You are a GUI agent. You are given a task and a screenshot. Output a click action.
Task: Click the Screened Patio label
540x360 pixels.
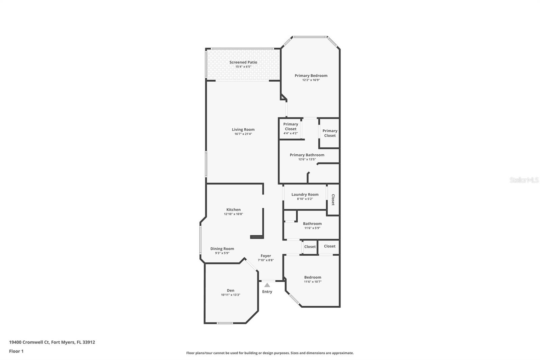pos(243,62)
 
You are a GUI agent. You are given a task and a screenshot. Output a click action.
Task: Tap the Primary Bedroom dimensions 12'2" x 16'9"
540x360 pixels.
pos(311,80)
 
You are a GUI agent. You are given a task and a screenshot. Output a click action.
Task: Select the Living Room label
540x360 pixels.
pos(243,129)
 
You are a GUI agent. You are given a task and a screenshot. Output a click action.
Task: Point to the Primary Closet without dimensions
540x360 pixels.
pos(330,133)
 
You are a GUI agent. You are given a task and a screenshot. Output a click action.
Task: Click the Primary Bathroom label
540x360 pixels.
pos(307,155)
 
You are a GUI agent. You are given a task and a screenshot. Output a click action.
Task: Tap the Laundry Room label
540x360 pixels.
pos(305,195)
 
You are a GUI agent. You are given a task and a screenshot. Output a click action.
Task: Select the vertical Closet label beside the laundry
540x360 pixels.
pos(333,200)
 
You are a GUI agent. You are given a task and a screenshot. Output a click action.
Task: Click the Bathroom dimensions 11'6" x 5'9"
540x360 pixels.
pos(312,228)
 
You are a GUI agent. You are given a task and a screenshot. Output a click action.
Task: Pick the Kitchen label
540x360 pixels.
pos(233,210)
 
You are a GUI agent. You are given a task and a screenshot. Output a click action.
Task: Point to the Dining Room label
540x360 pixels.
pos(222,249)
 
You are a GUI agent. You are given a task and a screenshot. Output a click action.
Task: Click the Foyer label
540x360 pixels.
pos(266,256)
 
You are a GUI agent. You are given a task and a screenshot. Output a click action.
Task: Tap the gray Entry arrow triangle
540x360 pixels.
pos(267,285)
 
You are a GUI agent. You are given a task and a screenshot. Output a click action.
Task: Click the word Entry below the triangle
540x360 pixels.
pos(267,292)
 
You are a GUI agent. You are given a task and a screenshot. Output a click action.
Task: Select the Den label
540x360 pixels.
pos(231,290)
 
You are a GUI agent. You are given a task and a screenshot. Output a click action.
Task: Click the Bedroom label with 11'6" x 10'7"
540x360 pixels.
pos(313,277)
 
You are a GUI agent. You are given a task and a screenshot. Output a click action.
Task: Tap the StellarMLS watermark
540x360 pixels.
pos(524,180)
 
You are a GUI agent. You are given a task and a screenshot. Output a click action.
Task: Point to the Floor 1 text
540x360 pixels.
pos(16,351)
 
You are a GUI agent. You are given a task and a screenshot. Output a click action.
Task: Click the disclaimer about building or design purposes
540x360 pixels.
pos(270,353)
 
